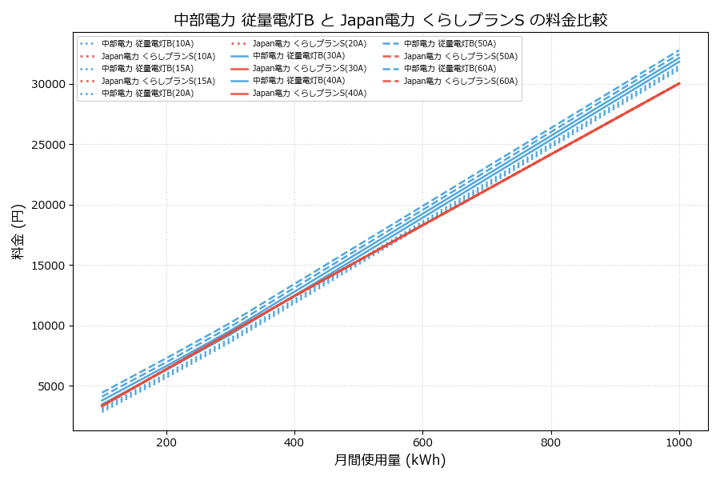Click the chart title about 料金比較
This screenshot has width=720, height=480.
point(390,20)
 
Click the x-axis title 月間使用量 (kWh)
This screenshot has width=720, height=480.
point(390,460)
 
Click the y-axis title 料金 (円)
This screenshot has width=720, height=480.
point(18,231)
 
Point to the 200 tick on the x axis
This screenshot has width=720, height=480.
point(166,442)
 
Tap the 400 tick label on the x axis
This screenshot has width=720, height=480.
point(294,442)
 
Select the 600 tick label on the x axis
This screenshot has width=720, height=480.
point(422,442)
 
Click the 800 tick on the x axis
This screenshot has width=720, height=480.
point(551,442)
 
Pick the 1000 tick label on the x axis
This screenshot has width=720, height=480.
point(679,442)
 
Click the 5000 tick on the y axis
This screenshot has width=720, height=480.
point(52,386)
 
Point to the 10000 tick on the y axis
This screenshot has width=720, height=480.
point(49,326)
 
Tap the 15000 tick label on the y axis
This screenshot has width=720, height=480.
point(49,266)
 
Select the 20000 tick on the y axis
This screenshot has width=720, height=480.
point(49,205)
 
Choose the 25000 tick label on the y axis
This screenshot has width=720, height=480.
point(49,145)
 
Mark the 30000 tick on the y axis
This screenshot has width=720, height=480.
point(49,84)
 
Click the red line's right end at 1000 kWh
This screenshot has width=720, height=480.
point(679,83)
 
